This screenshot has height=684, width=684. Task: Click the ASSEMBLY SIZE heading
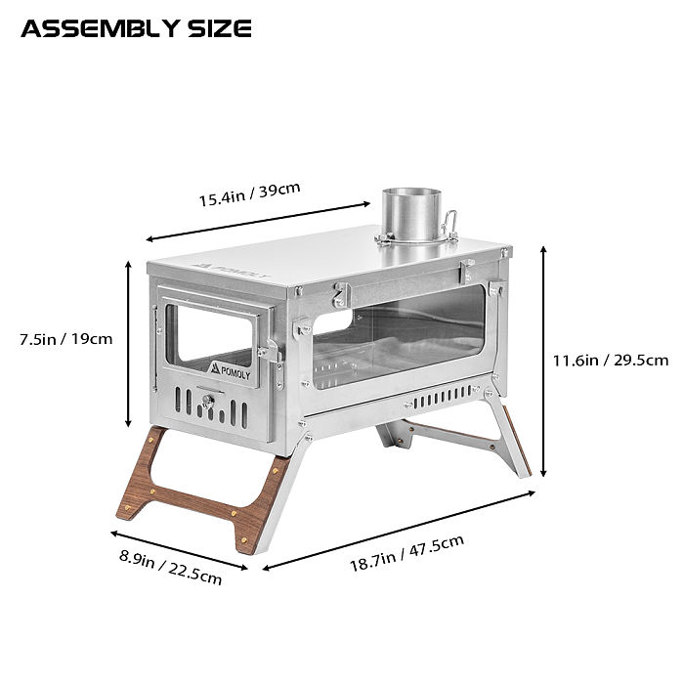tap(136, 28)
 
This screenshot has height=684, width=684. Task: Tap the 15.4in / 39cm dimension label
tap(249, 193)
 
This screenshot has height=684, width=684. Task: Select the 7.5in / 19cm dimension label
tap(66, 339)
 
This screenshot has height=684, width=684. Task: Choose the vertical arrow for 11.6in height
tap(543, 361)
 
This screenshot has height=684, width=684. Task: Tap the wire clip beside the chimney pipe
tap(450, 228)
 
